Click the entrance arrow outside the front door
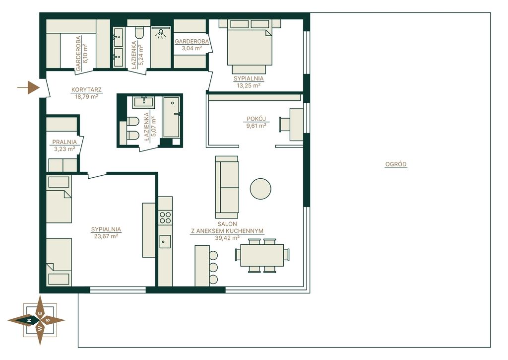tap(28, 87)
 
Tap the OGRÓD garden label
tap(395, 164)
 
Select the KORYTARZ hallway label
tap(86, 89)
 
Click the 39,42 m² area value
tap(227, 238)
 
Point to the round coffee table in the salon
tap(260, 189)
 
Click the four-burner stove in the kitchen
tap(165, 217)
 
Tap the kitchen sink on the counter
tap(165, 242)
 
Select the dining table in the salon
tap(262, 255)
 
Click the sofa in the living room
tap(227, 187)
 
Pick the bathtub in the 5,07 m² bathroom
tap(171, 117)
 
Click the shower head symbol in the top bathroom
tap(160, 34)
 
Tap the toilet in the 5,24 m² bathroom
tap(139, 33)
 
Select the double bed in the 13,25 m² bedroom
tap(250, 46)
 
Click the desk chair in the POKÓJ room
tap(284, 125)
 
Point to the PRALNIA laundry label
tap(64, 142)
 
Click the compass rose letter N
tap(29, 320)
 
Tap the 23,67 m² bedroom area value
tap(106, 236)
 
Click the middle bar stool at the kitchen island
tap(213, 267)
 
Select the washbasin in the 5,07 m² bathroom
tap(143, 102)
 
